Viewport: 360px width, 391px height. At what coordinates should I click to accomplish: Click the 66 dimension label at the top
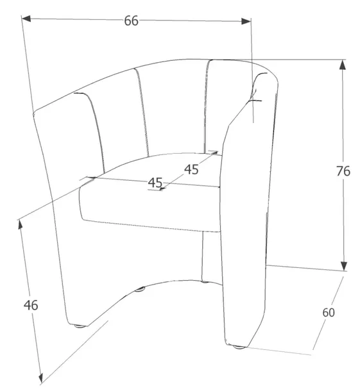[x=131, y=21]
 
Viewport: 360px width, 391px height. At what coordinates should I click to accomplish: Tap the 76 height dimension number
[x=343, y=171]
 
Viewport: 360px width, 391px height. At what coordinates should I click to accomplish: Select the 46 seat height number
[x=31, y=305]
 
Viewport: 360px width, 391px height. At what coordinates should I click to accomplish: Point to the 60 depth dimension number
[x=329, y=312]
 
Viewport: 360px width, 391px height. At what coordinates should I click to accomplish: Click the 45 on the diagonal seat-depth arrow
[x=191, y=170]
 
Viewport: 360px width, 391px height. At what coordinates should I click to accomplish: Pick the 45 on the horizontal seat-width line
[x=155, y=182]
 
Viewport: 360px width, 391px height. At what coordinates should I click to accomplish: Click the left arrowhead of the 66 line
[x=26, y=19]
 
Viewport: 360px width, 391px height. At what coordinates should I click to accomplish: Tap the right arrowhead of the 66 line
[x=246, y=21]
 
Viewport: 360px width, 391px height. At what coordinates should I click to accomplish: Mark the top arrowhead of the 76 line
[x=343, y=65]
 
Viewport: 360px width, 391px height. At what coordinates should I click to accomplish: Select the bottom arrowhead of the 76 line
[x=344, y=266]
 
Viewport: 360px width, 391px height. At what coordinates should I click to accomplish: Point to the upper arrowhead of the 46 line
[x=21, y=224]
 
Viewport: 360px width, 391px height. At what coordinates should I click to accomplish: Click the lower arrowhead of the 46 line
[x=41, y=377]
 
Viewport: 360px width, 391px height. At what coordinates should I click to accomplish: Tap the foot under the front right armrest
[x=239, y=347]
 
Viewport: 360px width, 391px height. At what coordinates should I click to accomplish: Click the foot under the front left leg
[x=80, y=326]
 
